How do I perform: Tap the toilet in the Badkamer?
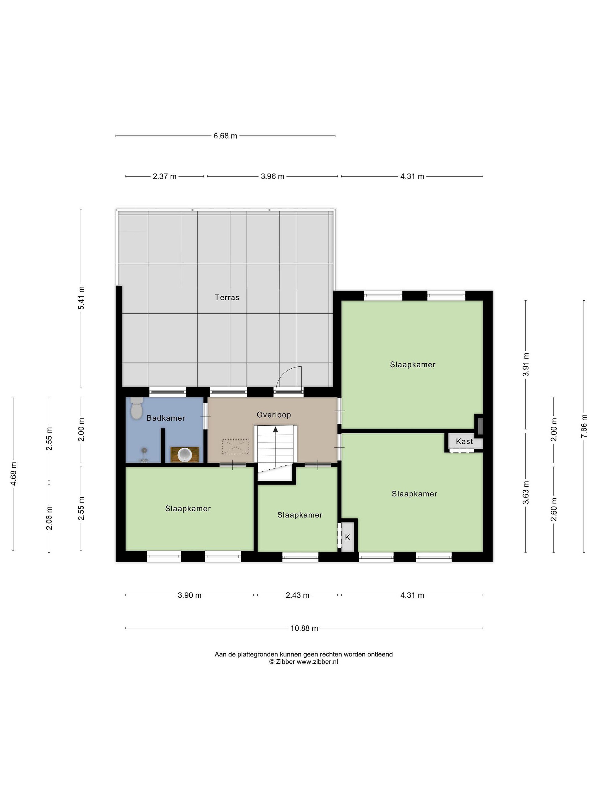pyautogui.click(x=136, y=408)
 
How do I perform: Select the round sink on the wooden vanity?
pyautogui.click(x=185, y=455)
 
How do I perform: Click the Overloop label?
pyautogui.click(x=274, y=415)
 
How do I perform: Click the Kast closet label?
pyautogui.click(x=464, y=441)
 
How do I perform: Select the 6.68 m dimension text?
pyautogui.click(x=226, y=136)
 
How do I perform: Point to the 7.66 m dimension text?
pyautogui.click(x=584, y=426)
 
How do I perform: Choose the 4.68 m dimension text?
pyautogui.click(x=14, y=473)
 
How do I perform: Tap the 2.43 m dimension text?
pyautogui.click(x=297, y=595)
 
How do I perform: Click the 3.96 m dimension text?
pyautogui.click(x=273, y=177)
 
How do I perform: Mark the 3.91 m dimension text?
pyautogui.click(x=526, y=364)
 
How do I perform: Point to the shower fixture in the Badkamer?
pyautogui.click(x=144, y=455)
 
